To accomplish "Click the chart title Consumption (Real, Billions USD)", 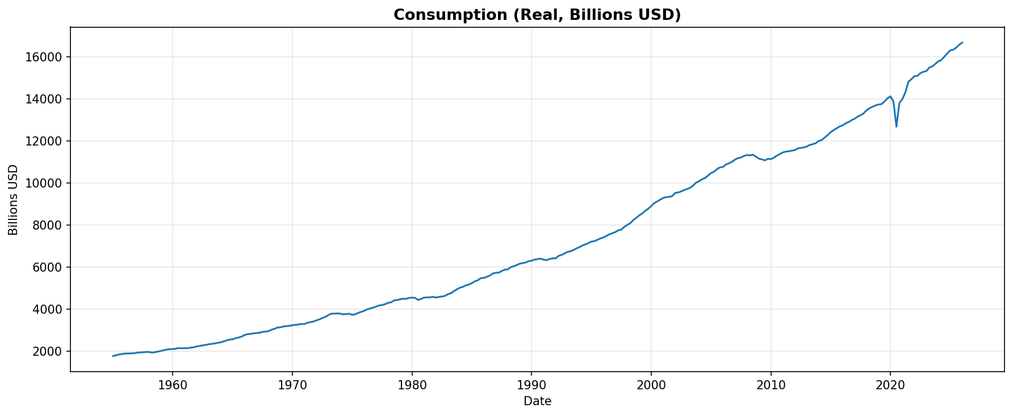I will [x=537, y=15].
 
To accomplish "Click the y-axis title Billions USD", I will [x=13, y=199].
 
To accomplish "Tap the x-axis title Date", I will [x=537, y=402].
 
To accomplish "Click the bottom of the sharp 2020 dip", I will [x=896, y=126].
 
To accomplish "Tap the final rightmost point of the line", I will [x=962, y=43].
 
